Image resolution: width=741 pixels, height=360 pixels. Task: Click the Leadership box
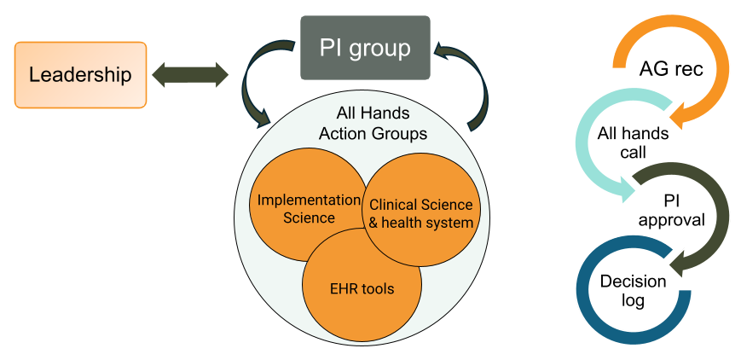(x=81, y=75)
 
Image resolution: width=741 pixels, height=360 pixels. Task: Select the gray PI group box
(x=364, y=47)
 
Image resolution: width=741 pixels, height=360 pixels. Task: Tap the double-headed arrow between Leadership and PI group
(x=191, y=75)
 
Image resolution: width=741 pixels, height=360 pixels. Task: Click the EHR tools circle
(x=362, y=288)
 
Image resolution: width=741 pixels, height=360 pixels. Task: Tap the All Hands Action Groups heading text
(x=373, y=124)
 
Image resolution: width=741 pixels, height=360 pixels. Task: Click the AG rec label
(x=671, y=69)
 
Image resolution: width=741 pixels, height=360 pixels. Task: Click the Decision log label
(x=622, y=290)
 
